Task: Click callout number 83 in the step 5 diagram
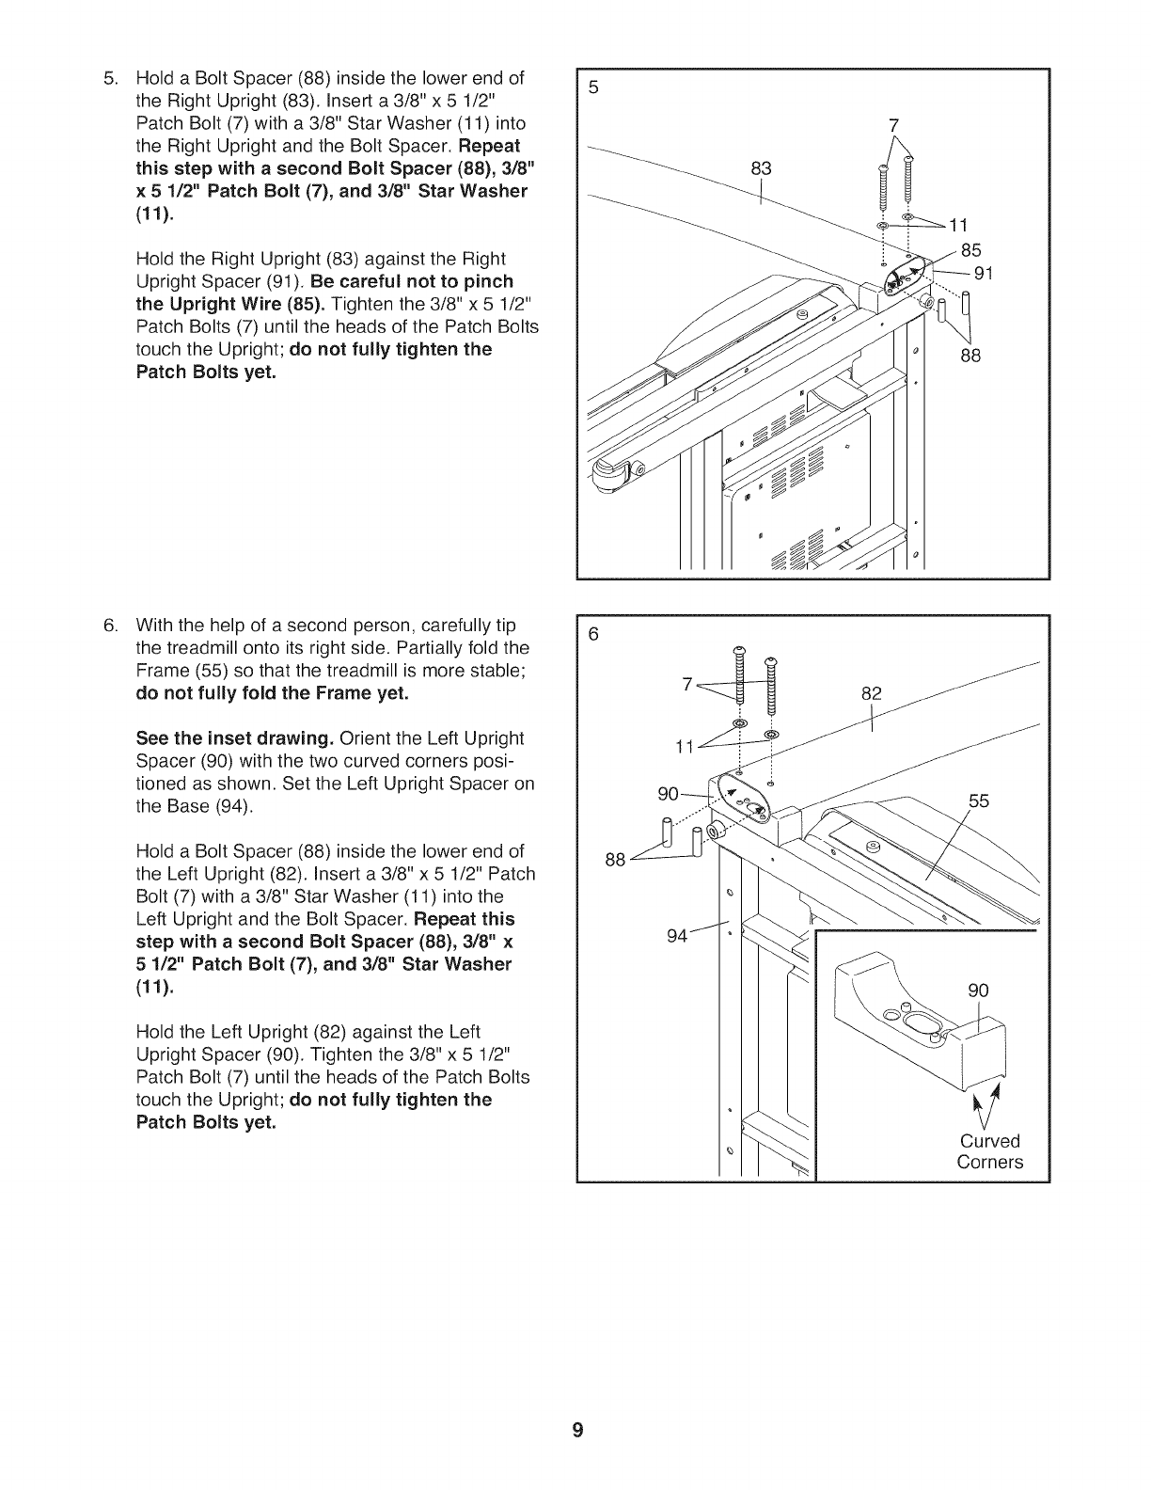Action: pos(761,169)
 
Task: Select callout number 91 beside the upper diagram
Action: pos(984,274)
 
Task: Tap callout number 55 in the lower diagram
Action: pos(980,800)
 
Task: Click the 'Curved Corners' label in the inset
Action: pos(989,1151)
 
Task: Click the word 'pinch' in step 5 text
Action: pos(490,281)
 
